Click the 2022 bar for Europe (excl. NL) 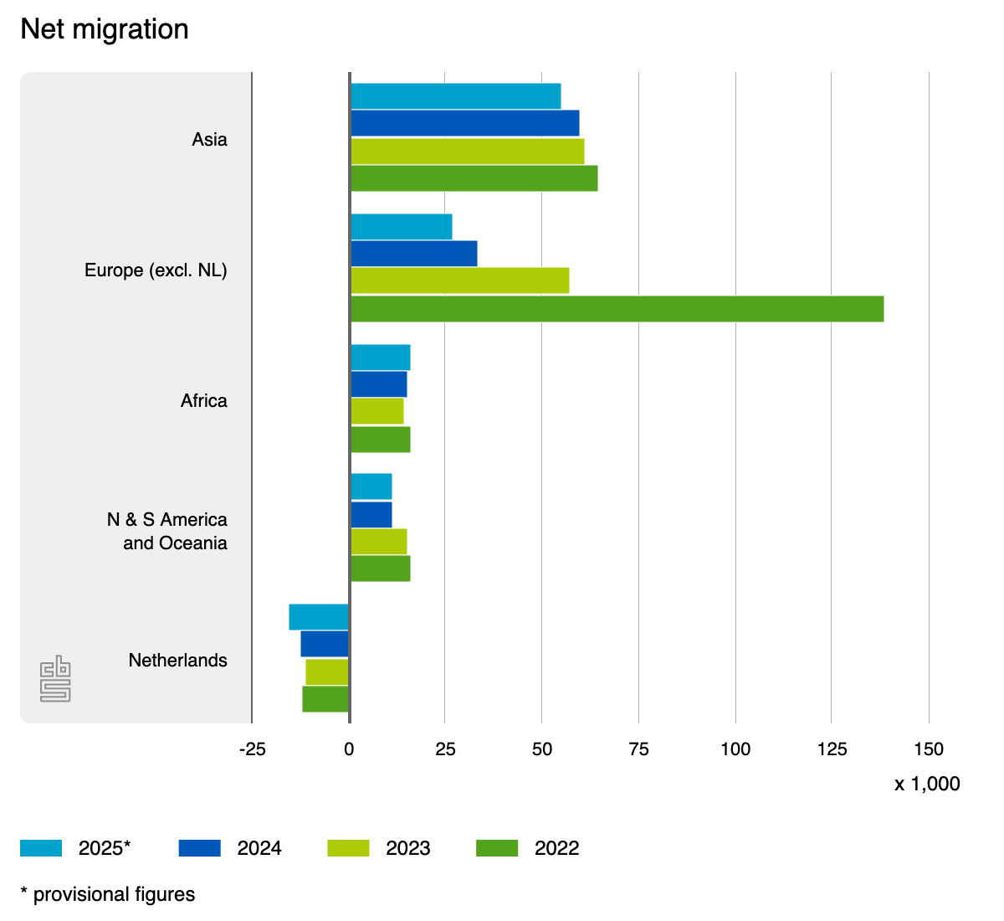click(x=617, y=309)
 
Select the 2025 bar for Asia click(x=455, y=96)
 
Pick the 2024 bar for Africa click(x=378, y=384)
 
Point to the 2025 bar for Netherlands click(x=319, y=617)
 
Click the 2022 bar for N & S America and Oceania click(x=380, y=569)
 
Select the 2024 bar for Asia click(x=464, y=123)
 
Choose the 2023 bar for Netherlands click(x=327, y=672)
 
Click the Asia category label click(x=209, y=139)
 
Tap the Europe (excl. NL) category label click(x=156, y=270)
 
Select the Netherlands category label click(x=177, y=661)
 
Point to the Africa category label click(x=203, y=401)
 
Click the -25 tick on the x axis click(x=252, y=749)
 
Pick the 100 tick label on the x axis click(x=735, y=749)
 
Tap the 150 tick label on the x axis click(x=928, y=749)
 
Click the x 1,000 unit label click(x=926, y=785)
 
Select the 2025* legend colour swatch click(x=41, y=848)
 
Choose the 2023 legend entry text click(x=407, y=848)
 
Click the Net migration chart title click(x=105, y=29)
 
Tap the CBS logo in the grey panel click(x=55, y=678)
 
